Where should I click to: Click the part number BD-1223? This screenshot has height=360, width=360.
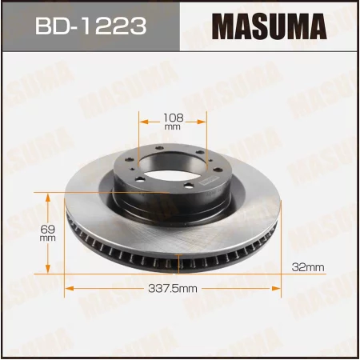click(89, 27)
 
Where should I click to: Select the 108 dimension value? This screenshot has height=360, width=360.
click(174, 117)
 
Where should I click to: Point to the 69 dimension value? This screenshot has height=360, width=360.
click(46, 228)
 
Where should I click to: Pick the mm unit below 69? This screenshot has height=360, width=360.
click(46, 238)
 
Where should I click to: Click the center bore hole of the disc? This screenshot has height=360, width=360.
click(174, 162)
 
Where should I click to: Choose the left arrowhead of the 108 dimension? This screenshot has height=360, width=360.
click(144, 122)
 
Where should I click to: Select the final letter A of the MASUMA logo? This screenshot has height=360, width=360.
click(318, 26)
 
